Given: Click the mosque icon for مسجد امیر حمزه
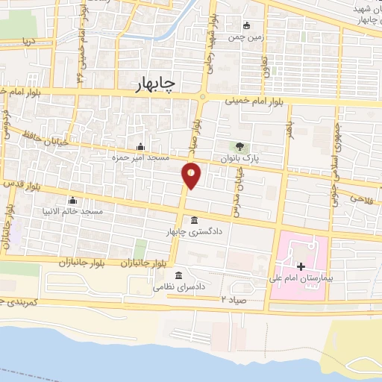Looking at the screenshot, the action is click(x=140, y=146).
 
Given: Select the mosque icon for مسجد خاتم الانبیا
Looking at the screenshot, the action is click(x=72, y=200).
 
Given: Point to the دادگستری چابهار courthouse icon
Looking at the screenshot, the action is click(x=194, y=221).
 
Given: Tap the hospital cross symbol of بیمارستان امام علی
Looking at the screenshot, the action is click(x=300, y=266).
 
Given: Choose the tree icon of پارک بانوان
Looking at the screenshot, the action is click(x=239, y=146).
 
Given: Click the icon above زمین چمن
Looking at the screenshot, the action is click(x=247, y=24).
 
